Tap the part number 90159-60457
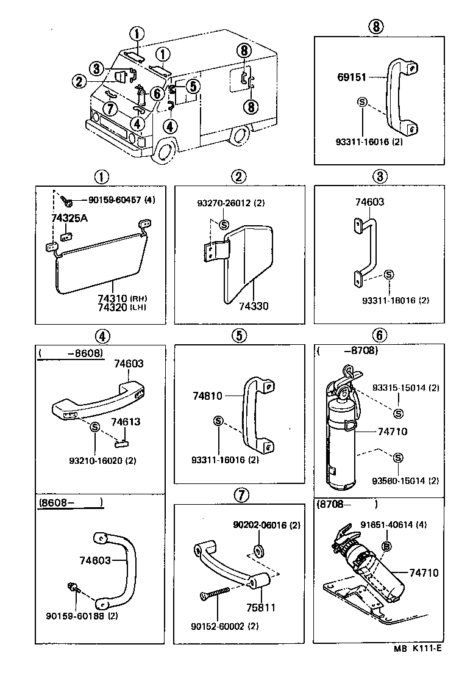click(115, 200)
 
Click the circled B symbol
click(385, 546)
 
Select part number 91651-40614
click(402, 524)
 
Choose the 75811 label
click(261, 608)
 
